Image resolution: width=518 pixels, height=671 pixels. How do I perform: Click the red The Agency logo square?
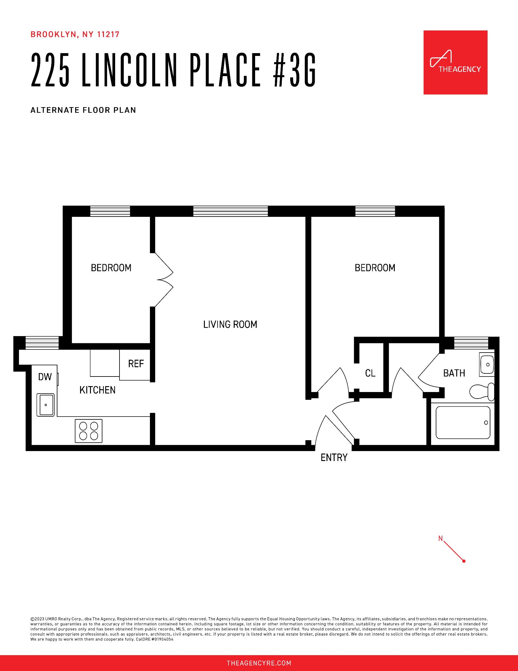pyautogui.click(x=455, y=62)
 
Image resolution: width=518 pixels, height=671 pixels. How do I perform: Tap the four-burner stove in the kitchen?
pyautogui.click(x=88, y=431)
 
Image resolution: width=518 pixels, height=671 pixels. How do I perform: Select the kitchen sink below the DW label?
pyautogui.click(x=46, y=405)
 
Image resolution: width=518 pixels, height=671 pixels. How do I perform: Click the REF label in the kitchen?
pyautogui.click(x=136, y=364)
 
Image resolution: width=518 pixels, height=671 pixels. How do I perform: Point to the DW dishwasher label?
pyautogui.click(x=45, y=377)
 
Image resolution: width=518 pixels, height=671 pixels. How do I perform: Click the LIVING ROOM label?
pyautogui.click(x=230, y=325)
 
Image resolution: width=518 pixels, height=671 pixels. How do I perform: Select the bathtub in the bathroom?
pyautogui.click(x=463, y=423)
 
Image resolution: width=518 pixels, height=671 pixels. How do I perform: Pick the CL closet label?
pyautogui.click(x=370, y=373)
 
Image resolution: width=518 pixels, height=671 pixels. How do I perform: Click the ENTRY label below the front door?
pyautogui.click(x=334, y=458)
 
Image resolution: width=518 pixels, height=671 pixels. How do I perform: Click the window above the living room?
pyautogui.click(x=230, y=211)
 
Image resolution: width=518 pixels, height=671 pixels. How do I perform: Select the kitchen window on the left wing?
pyautogui.click(x=42, y=343)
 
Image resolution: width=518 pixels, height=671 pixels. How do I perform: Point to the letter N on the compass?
pyautogui.click(x=440, y=538)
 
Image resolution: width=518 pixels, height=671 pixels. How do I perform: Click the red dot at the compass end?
pyautogui.click(x=464, y=561)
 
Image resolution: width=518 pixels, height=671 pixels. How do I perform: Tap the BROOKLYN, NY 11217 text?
pyautogui.click(x=75, y=34)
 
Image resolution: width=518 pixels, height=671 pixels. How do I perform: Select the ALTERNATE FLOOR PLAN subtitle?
pyautogui.click(x=83, y=110)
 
